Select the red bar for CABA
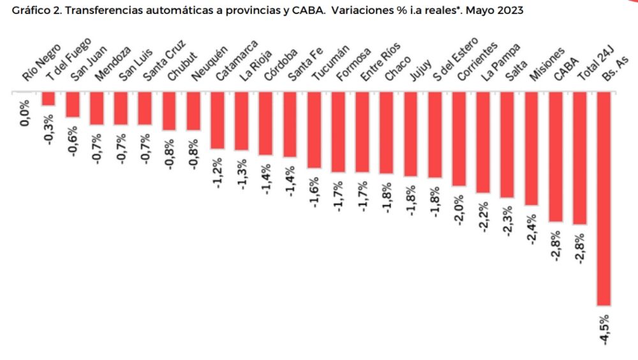coord(555,156)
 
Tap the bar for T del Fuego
coord(48,98)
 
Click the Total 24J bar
coord(579,158)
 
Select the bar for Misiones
coord(531,148)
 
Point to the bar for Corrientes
coord(459,139)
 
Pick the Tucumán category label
coord(330,66)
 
